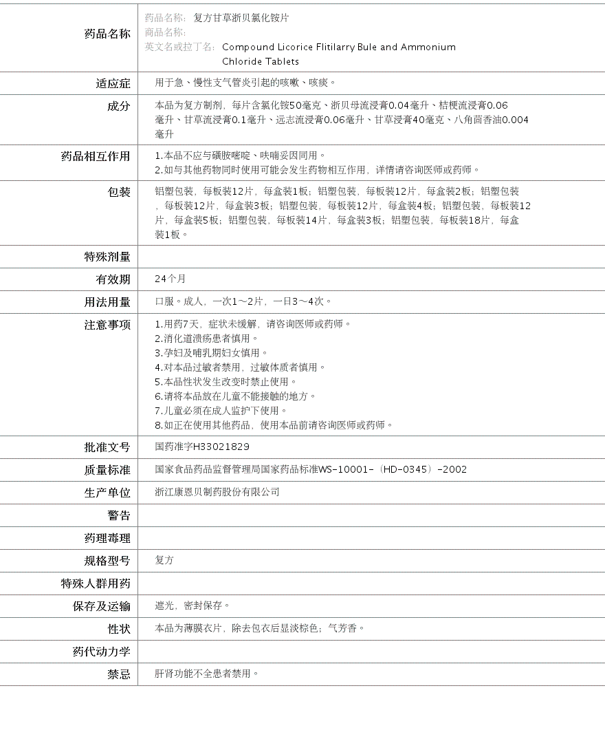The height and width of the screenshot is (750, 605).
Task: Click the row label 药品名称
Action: click(107, 34)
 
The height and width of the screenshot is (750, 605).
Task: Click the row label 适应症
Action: click(113, 83)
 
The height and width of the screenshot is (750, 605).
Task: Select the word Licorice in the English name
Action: click(283, 47)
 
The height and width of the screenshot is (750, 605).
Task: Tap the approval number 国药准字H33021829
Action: click(202, 447)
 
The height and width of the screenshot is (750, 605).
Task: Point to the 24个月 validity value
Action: click(170, 279)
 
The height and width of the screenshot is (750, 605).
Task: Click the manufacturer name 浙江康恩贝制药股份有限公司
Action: click(217, 492)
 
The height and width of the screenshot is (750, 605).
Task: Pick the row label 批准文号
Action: click(107, 447)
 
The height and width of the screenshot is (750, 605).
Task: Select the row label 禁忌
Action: click(118, 674)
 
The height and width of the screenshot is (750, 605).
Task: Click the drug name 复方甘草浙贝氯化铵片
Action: click(241, 18)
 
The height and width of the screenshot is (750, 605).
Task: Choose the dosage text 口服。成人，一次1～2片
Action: click(209, 301)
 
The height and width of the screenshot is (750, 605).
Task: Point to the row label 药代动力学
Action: click(101, 652)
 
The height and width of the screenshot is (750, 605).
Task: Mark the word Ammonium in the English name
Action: click(428, 47)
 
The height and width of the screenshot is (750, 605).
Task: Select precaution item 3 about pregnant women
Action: click(212, 352)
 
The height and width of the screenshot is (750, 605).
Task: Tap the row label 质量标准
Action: click(107, 470)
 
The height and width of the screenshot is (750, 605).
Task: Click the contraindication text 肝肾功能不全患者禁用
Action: click(206, 674)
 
